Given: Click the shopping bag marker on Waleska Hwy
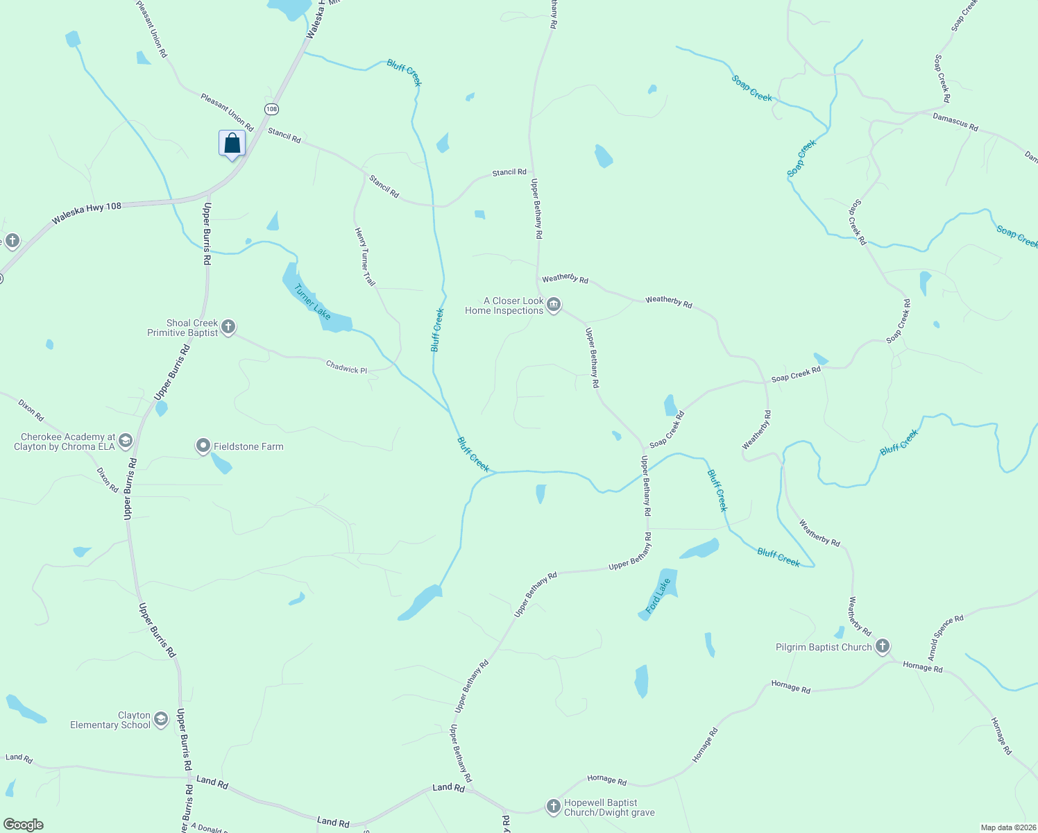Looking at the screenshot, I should (232, 144).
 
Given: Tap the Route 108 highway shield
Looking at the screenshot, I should (271, 109).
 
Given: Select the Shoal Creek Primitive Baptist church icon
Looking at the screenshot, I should (228, 327).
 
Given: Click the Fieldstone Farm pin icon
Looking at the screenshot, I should (203, 446).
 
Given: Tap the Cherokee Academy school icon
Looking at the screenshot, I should (126, 441).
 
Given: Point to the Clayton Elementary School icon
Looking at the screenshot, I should (161, 719).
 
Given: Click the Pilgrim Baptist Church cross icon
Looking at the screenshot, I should (882, 647).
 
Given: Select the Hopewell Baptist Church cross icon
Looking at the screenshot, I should (553, 807).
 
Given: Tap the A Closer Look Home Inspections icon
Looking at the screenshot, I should (554, 305).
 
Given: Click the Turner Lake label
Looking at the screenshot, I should (312, 301).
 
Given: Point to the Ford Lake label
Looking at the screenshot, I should (658, 596).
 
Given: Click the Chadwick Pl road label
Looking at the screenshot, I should (346, 367).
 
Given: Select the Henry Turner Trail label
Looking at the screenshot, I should (365, 257).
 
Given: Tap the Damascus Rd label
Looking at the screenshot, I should (955, 122).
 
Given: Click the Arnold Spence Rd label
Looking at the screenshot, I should (946, 637).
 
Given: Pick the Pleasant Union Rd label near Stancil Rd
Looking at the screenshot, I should (227, 112).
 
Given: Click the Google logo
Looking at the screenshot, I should (23, 825).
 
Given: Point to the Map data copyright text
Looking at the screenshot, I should (1007, 827).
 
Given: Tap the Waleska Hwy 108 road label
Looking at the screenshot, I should (87, 212).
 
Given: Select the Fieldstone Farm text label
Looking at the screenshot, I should (248, 446).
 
